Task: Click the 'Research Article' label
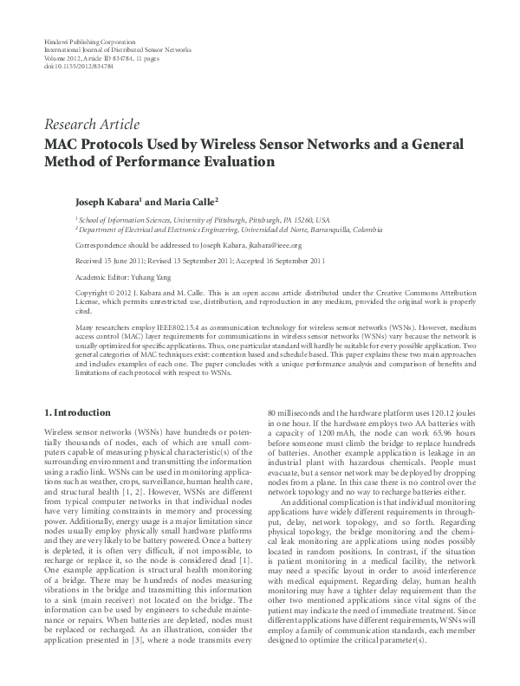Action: pos(90,125)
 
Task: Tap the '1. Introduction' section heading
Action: pos(77,412)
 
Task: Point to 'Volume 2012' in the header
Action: pos(60,58)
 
